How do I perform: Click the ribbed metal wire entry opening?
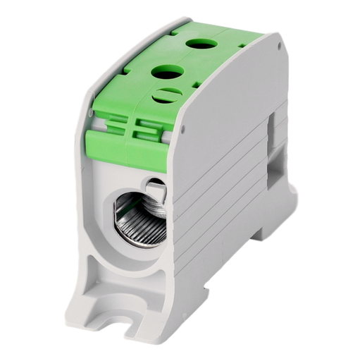point(138,214)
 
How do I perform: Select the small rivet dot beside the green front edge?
point(181,130)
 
